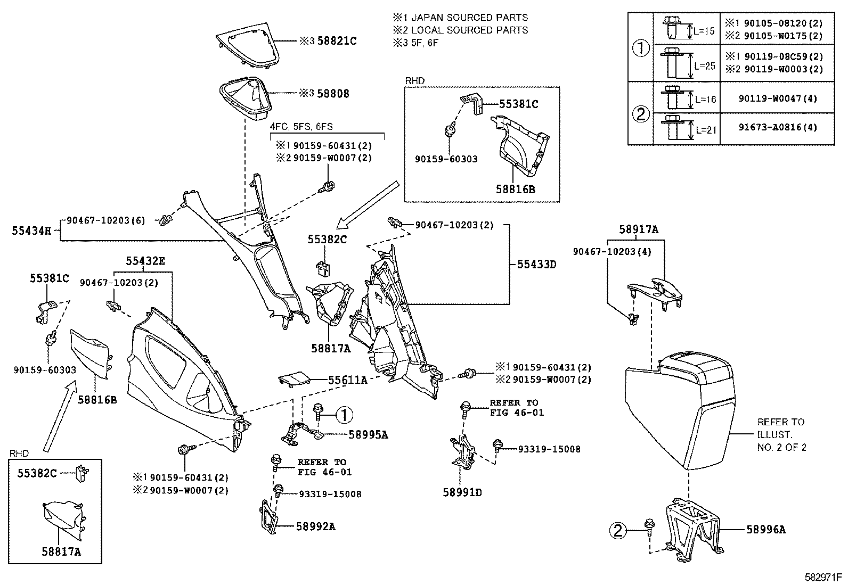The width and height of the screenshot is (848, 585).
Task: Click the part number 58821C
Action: (337, 40)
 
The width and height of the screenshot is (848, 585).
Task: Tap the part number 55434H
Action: (31, 230)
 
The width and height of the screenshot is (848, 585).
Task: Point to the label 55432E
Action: (145, 261)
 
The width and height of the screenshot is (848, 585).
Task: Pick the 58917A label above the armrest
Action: (639, 229)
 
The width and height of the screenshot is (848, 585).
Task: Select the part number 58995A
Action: (368, 435)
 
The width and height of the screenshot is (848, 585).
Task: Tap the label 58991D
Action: (462, 492)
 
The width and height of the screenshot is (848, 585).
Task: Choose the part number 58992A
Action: (316, 526)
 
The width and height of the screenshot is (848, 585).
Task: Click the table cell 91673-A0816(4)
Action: (777, 128)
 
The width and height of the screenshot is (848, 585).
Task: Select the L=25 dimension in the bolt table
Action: (705, 67)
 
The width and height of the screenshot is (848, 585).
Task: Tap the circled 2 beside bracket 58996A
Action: (618, 530)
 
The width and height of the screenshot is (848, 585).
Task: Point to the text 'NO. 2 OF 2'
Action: (781, 448)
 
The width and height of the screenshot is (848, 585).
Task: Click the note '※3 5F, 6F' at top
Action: (415, 43)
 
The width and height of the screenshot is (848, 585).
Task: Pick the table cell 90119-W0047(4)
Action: (777, 98)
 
